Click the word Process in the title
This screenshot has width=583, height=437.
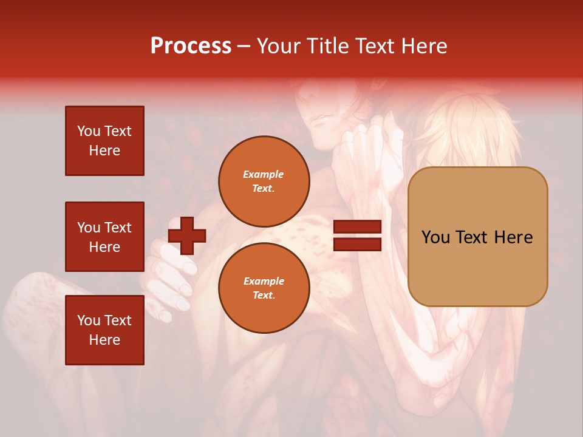191,46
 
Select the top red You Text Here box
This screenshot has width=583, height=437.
104,141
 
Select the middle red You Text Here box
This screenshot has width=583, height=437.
104,237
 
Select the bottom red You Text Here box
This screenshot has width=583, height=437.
104,330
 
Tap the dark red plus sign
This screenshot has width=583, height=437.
187,235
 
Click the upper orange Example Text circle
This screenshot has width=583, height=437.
264,181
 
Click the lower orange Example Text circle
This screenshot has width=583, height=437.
264,288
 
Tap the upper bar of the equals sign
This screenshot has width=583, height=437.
357,227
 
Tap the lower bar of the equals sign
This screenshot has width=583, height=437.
357,244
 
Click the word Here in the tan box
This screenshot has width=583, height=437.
513,237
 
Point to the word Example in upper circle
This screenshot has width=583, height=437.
264,174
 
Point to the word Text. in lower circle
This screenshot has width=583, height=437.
264,295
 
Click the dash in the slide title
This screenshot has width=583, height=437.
244,46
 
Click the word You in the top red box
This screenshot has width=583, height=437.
89,131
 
